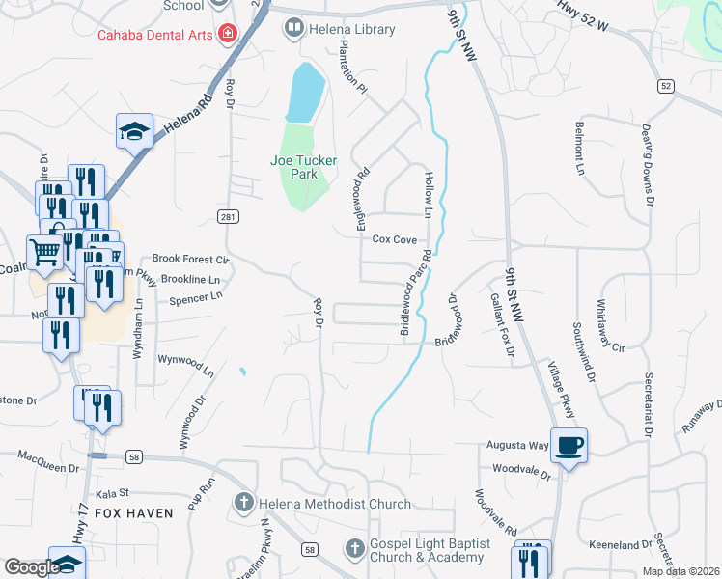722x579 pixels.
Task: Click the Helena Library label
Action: click(x=351, y=29)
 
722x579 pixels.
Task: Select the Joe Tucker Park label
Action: click(x=304, y=168)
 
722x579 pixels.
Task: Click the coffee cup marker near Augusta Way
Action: click(x=569, y=445)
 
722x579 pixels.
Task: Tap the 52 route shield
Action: click(x=666, y=86)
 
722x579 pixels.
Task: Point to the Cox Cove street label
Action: click(x=394, y=239)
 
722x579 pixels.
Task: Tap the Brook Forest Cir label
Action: click(x=190, y=260)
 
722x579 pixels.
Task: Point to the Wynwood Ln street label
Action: click(x=186, y=363)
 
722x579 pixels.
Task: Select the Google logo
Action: click(x=32, y=567)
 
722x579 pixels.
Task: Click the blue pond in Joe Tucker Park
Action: click(x=304, y=93)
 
